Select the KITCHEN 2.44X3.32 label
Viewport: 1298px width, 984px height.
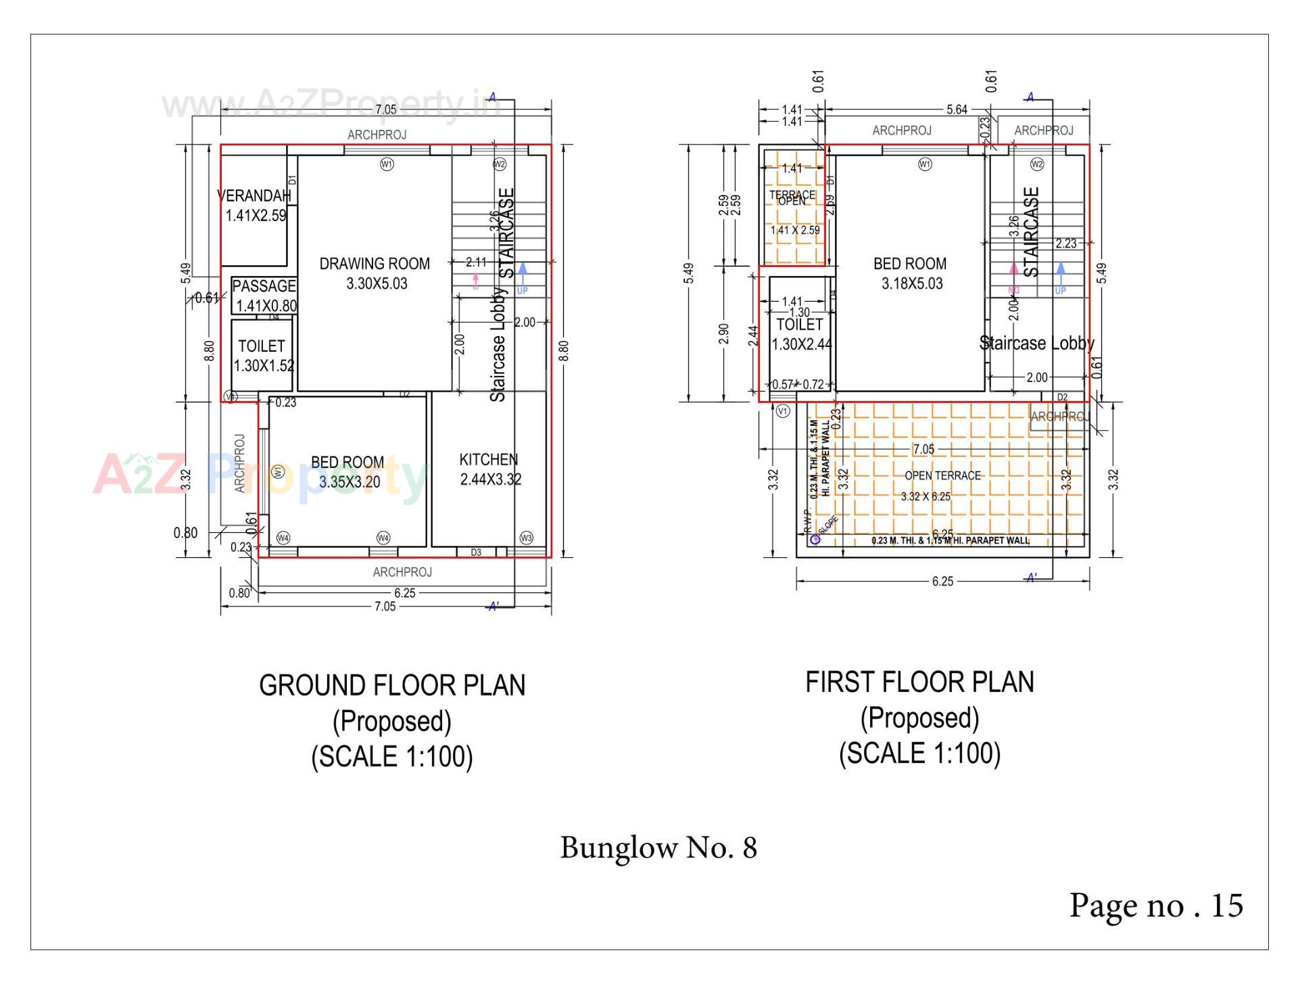[x=489, y=469]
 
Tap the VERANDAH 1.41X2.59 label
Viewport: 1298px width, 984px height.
[x=255, y=206]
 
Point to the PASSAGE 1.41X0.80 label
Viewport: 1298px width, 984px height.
[x=264, y=296]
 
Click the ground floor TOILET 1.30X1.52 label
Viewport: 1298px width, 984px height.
[x=263, y=356]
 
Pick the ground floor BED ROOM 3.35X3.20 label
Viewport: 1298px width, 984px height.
[x=348, y=472]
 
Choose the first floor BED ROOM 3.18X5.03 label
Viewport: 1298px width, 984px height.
[x=911, y=273]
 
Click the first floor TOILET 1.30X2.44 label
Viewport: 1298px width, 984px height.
[x=800, y=334]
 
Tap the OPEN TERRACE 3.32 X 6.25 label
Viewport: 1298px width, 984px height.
[x=942, y=485]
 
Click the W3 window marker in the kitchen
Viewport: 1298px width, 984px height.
[x=527, y=538]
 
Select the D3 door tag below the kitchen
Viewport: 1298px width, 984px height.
[x=476, y=553]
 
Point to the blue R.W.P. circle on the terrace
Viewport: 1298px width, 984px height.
[x=815, y=539]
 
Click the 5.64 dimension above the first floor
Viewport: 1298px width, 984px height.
[x=957, y=110]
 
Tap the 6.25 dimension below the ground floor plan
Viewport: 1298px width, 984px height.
[x=404, y=593]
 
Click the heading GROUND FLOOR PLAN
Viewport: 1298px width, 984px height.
[x=392, y=686]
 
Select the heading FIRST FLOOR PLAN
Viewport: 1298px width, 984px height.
[x=919, y=682]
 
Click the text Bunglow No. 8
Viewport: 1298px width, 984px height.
[x=658, y=847]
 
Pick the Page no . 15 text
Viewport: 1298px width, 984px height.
[x=1155, y=906]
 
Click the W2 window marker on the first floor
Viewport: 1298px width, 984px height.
[x=1037, y=164]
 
